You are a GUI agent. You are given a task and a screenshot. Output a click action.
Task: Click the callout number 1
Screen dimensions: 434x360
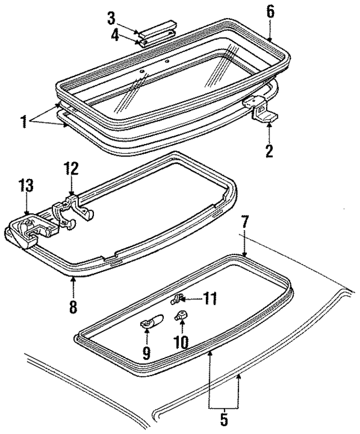[x=24, y=119]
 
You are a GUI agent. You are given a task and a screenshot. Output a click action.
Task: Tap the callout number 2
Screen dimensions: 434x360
[x=269, y=150]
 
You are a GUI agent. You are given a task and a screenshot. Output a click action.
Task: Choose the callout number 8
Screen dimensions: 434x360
[x=73, y=307]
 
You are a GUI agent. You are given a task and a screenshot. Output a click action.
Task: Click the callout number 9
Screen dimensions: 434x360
[x=147, y=353]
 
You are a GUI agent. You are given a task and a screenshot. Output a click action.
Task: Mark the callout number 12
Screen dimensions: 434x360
[x=71, y=168]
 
